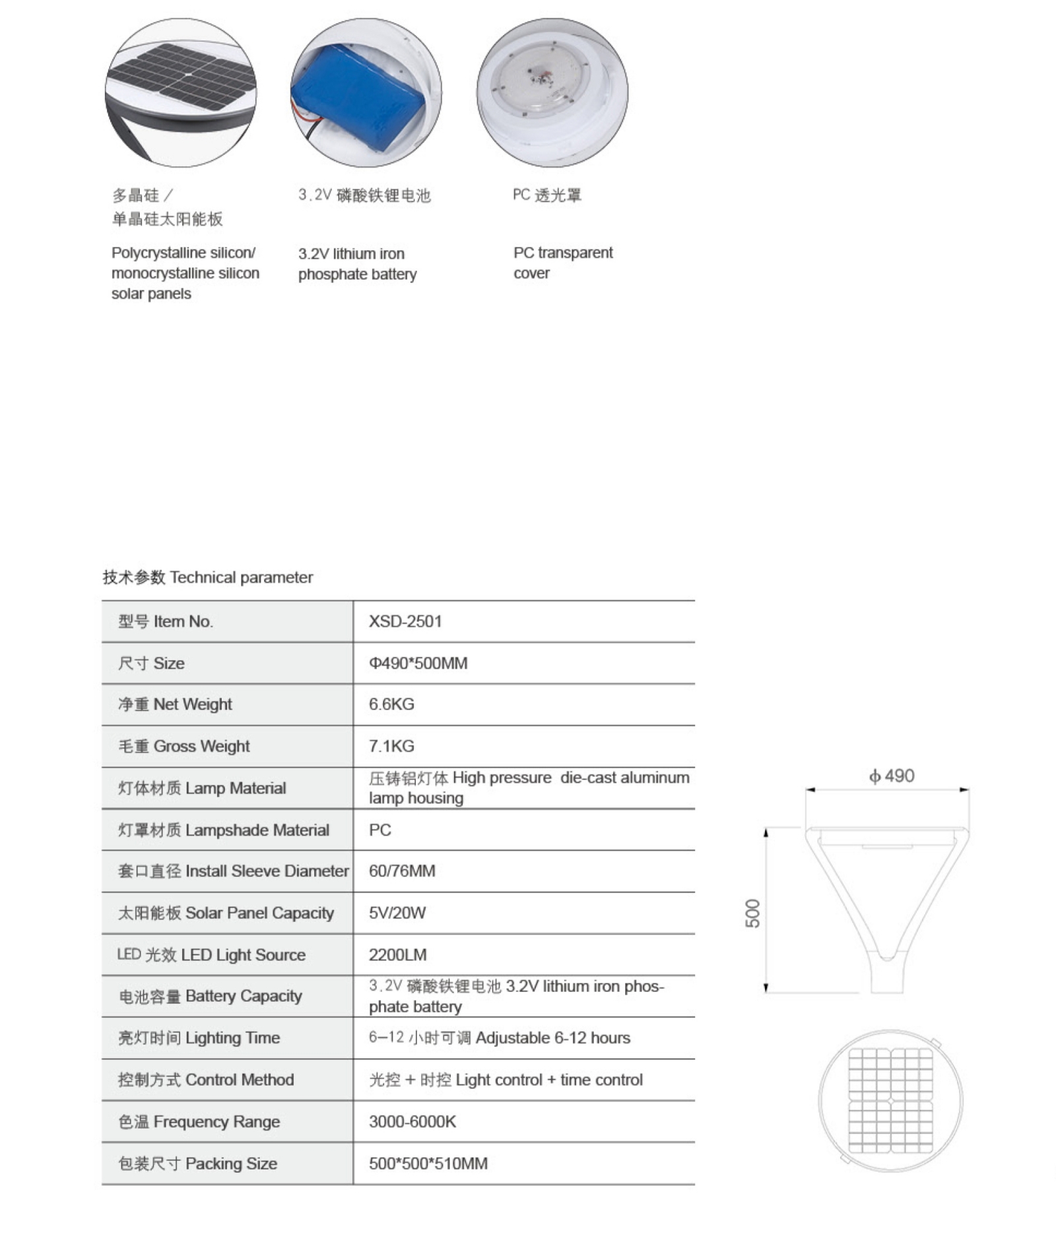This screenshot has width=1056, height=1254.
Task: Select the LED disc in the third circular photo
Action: [x=541, y=82]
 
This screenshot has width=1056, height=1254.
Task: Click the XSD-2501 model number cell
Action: [x=405, y=621]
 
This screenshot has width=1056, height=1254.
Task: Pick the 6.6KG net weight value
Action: [x=391, y=704]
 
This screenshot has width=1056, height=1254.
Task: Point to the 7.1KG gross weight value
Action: [x=391, y=746]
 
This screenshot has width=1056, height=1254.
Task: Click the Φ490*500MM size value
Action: [x=418, y=663]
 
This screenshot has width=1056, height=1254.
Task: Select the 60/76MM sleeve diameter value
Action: [x=402, y=871]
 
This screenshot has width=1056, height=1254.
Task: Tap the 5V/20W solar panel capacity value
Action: [x=397, y=913]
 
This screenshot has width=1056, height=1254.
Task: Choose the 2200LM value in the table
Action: [x=397, y=954]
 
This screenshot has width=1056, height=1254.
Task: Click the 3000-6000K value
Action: [x=412, y=1121]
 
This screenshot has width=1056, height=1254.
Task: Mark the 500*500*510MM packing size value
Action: [x=428, y=1163]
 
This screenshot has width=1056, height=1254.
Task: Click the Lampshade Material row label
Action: [x=223, y=830]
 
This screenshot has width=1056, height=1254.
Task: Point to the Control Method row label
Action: [x=206, y=1080]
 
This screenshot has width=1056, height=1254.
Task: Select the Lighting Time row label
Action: [x=199, y=1038]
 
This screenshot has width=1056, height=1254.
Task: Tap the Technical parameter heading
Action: [x=208, y=577]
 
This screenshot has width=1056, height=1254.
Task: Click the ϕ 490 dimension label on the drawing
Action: [x=892, y=775]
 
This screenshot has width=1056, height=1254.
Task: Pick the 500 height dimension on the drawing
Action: [x=752, y=913]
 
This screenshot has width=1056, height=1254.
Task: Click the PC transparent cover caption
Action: [x=562, y=263]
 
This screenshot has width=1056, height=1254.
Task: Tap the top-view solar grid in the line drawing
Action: [x=890, y=1100]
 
